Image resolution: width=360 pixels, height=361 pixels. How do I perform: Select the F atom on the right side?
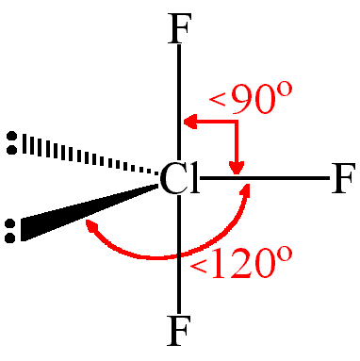pyautogui.click(x=343, y=178)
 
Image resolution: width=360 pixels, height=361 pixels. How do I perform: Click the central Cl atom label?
pyautogui.click(x=179, y=178)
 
